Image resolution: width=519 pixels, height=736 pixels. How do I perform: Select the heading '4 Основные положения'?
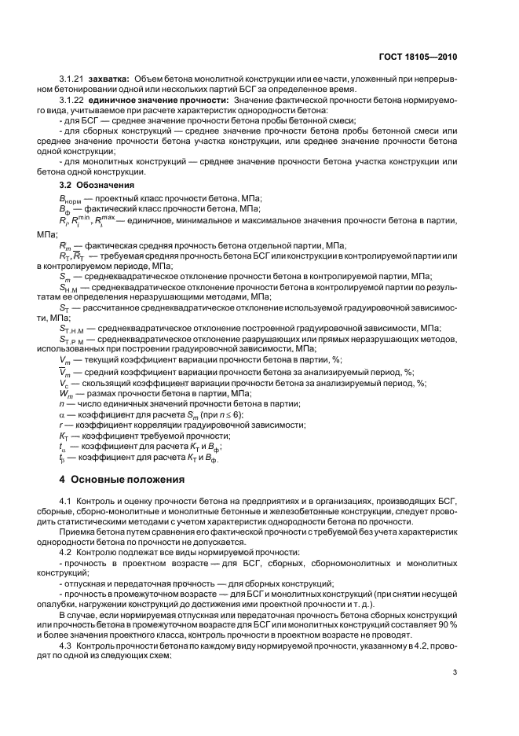pyautogui.click(x=122, y=478)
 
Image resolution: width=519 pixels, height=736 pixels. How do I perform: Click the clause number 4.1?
pyautogui.click(x=66, y=501)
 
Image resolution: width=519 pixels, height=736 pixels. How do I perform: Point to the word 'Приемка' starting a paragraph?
pyautogui.click(x=77, y=532)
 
